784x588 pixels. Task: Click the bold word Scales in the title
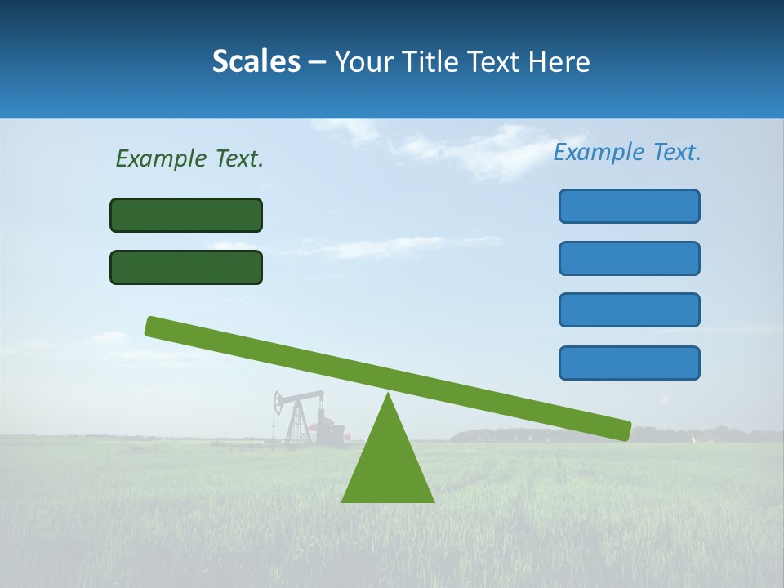pyautogui.click(x=256, y=61)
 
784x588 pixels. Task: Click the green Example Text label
pyautogui.click(x=189, y=158)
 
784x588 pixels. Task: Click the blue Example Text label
pyautogui.click(x=627, y=152)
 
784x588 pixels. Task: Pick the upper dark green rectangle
pyautogui.click(x=186, y=216)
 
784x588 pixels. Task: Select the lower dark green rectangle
pyautogui.click(x=186, y=268)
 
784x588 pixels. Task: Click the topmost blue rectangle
pyautogui.click(x=629, y=206)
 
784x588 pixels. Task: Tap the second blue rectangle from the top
pyautogui.click(x=629, y=258)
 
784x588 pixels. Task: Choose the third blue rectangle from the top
pyautogui.click(x=629, y=310)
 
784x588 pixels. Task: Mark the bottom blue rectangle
pyautogui.click(x=629, y=363)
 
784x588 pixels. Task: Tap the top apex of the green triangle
pyautogui.click(x=388, y=395)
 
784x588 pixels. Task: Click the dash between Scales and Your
pyautogui.click(x=317, y=62)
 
